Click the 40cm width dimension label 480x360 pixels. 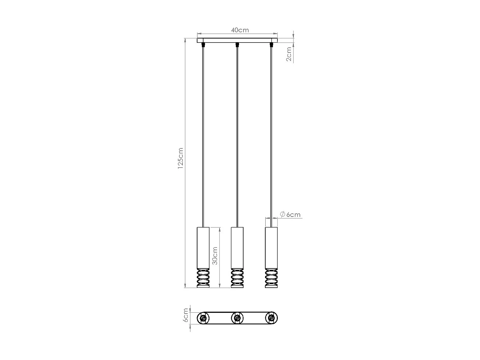click(240, 30)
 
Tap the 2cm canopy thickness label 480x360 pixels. click(289, 54)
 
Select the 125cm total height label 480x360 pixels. click(180, 158)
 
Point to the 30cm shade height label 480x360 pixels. click(215, 255)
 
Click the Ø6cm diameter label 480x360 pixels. click(290, 214)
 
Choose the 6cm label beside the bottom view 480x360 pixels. click(185, 316)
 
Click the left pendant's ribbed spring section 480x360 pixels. click(203, 277)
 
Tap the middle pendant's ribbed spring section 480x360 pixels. click(237, 277)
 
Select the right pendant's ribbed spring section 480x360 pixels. click(271, 277)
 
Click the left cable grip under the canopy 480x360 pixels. click(203, 44)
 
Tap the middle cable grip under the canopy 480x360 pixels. click(237, 44)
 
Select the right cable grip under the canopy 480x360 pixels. click(271, 44)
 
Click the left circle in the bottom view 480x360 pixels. click(203, 318)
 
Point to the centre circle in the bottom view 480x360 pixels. click(237, 318)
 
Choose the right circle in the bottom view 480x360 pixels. click(271, 318)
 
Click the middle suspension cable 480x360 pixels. click(237, 134)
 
